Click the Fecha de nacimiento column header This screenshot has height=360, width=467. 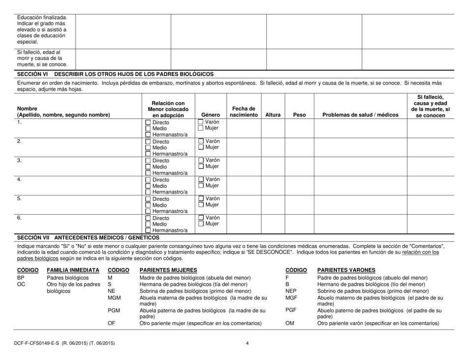coord(244,111)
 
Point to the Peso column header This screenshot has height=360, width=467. coord(299,115)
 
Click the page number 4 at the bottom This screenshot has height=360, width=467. coord(248,343)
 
